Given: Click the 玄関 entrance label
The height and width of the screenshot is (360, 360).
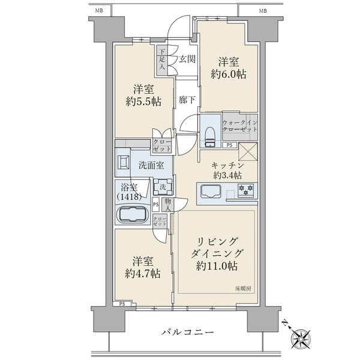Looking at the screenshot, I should (x=187, y=59).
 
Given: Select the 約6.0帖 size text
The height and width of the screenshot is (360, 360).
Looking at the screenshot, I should (x=229, y=75).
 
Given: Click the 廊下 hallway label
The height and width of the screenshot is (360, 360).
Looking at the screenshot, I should (x=187, y=100).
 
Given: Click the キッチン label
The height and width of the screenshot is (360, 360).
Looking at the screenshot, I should (x=226, y=164).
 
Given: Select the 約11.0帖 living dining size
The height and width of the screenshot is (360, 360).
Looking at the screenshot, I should (x=217, y=265).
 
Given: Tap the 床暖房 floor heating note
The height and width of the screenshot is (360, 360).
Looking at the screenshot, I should (x=243, y=289).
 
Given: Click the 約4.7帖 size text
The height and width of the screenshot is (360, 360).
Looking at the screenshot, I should (x=143, y=274).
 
